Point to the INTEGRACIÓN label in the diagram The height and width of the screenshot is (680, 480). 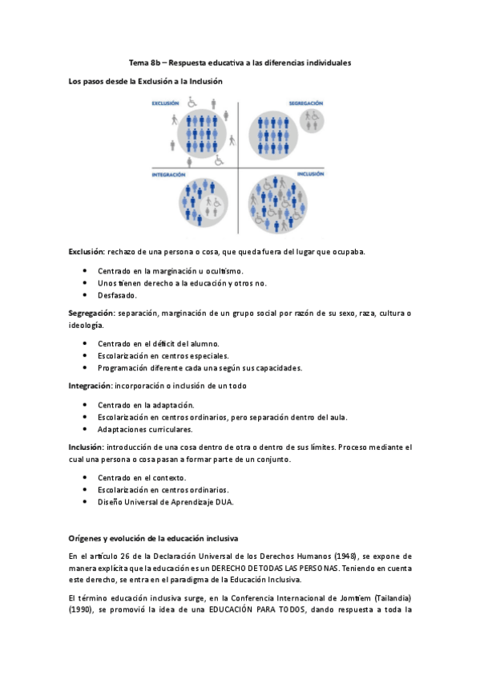pyautogui.click(x=169, y=174)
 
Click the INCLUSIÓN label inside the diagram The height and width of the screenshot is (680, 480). pyautogui.click(x=310, y=174)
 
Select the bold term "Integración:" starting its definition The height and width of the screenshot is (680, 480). pyautogui.click(x=90, y=386)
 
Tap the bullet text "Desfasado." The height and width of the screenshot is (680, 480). pyautogui.click(x=118, y=296)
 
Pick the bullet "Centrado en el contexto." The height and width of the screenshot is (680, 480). pyautogui.click(x=142, y=477)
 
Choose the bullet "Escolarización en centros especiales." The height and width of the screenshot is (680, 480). pyautogui.click(x=163, y=356)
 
